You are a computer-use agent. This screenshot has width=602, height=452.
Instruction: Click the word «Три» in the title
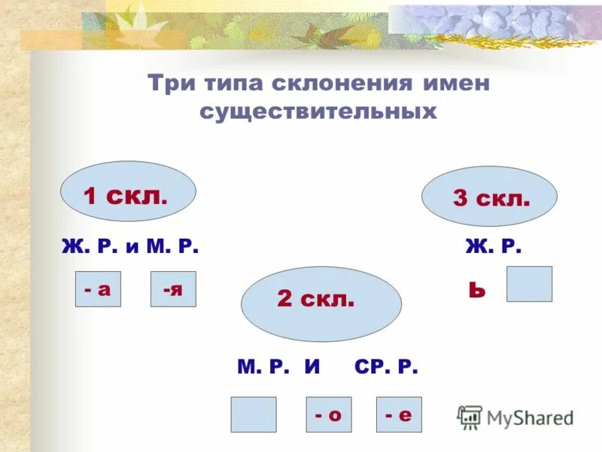click(169, 83)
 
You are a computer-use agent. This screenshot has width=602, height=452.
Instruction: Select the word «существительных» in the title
click(318, 111)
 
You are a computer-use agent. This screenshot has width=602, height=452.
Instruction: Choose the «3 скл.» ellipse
click(489, 197)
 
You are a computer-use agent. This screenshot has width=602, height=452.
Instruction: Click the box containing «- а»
click(98, 289)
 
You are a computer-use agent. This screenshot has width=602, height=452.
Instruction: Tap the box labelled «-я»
click(173, 289)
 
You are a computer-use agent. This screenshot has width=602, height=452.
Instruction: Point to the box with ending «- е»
click(399, 414)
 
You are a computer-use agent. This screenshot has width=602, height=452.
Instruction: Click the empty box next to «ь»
click(529, 284)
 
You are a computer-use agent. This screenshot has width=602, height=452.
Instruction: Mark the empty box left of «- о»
click(253, 414)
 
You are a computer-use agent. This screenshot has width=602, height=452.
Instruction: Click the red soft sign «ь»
click(476, 289)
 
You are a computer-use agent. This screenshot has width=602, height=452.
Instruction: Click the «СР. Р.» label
click(385, 367)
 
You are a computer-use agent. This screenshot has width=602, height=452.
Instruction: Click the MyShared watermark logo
click(515, 417)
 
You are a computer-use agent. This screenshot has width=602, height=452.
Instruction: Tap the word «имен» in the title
click(459, 83)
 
